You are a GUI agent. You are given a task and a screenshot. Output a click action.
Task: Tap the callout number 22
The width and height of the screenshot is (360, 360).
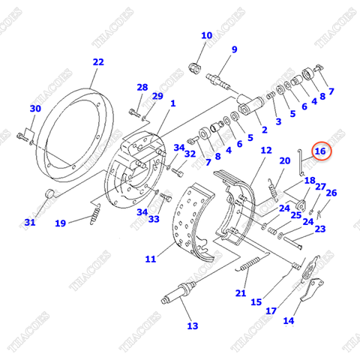[98, 62]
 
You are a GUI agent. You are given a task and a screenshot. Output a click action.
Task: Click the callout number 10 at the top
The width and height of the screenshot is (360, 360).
[206, 35]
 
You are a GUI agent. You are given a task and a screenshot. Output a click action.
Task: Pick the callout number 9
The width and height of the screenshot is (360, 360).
[234, 49]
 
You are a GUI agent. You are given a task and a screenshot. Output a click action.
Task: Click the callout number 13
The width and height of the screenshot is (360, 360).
[193, 325]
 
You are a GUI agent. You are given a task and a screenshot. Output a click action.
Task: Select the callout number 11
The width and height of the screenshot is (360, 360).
[150, 259]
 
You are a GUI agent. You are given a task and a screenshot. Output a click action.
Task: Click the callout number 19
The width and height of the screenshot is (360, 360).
[60, 222]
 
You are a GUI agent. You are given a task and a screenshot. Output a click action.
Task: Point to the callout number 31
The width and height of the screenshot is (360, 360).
[29, 222]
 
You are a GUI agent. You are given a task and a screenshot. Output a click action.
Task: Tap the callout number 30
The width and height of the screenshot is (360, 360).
[34, 109]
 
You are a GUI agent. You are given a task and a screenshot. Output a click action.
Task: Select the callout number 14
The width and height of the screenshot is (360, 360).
[289, 320]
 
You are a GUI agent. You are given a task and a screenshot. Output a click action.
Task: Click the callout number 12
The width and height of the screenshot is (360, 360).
[266, 151]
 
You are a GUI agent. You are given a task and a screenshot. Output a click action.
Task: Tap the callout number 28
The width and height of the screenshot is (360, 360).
[142, 88]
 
